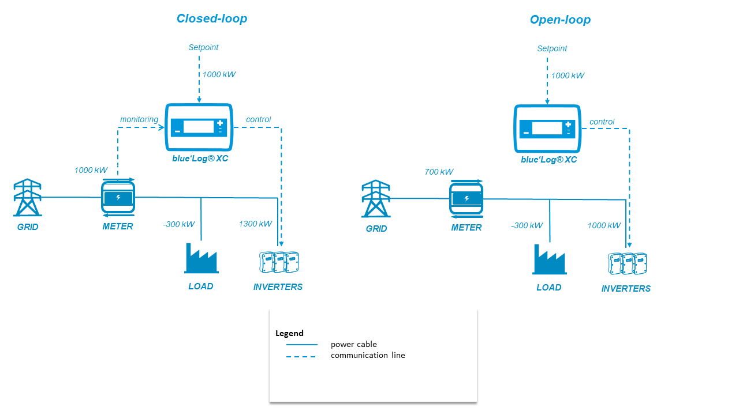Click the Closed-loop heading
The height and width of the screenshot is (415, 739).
(x=212, y=18)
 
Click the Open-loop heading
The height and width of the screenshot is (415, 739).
(x=560, y=20)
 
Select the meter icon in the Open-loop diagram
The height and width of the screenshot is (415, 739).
(x=466, y=199)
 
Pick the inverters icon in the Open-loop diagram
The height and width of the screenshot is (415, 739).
(x=627, y=263)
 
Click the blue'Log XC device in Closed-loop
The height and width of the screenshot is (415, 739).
(x=199, y=127)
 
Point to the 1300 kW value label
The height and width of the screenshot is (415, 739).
(x=255, y=224)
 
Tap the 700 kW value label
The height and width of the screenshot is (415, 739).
(x=439, y=172)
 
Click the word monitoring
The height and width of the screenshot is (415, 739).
(x=139, y=119)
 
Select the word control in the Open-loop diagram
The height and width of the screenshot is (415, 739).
(x=602, y=122)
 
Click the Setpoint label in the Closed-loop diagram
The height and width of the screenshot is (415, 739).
(x=203, y=47)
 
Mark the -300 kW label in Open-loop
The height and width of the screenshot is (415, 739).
(x=527, y=225)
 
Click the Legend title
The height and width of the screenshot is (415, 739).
(x=289, y=333)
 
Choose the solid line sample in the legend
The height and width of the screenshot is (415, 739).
(x=302, y=345)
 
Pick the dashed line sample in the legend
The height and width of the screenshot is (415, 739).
(x=302, y=356)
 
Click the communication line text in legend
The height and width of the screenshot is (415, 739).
(x=368, y=355)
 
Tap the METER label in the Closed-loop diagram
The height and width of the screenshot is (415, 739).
(x=118, y=227)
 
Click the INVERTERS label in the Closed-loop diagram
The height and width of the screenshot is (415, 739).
(x=278, y=286)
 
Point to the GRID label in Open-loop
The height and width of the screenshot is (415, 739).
(x=376, y=228)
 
